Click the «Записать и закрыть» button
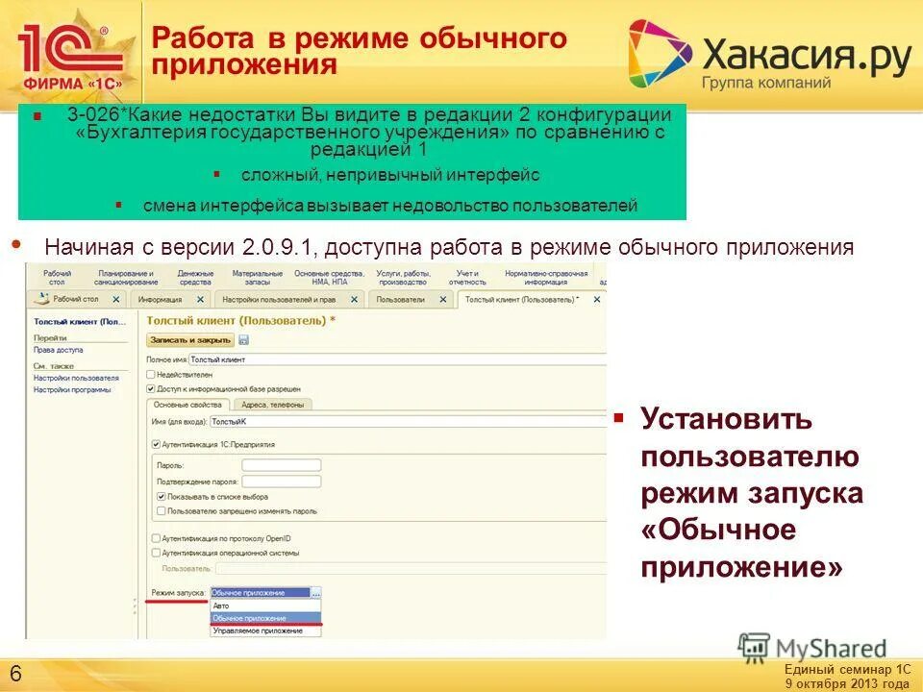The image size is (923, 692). click(190, 339)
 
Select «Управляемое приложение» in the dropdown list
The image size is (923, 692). click(257, 630)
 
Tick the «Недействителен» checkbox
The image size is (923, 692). click(150, 374)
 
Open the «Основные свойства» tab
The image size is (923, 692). click(188, 405)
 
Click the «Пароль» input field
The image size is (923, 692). click(281, 465)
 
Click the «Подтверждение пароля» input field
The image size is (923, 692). click(281, 481)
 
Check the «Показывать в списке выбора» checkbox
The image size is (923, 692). click(162, 496)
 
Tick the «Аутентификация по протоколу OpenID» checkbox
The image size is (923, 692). click(156, 538)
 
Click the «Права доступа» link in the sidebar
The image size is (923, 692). click(59, 350)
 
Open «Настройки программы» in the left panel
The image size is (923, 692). click(72, 389)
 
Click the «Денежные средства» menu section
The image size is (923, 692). click(195, 278)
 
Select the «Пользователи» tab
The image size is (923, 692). click(400, 300)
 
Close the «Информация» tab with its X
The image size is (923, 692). click(199, 300)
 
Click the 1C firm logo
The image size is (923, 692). click(69, 53)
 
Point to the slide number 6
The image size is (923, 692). click(16, 671)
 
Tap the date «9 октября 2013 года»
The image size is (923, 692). click(846, 683)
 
